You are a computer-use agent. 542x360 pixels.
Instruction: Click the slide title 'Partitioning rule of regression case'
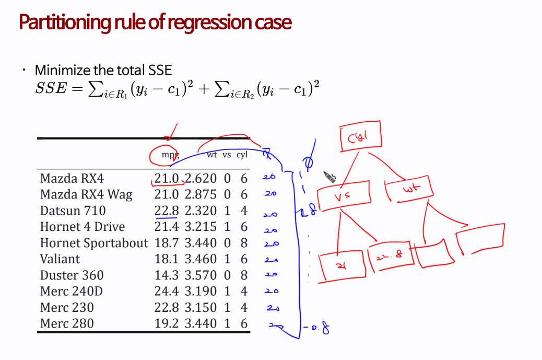point(155,23)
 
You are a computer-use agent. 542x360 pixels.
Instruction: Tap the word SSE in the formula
point(51,88)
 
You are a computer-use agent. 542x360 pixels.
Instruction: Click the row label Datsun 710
point(73,211)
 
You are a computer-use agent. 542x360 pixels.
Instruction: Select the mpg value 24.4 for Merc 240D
point(166,291)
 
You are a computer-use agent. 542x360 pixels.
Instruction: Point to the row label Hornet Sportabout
point(94,243)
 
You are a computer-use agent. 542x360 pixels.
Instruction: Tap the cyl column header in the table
point(242,155)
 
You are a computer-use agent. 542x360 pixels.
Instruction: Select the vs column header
point(227,155)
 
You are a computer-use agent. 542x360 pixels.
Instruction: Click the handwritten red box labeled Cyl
point(360,137)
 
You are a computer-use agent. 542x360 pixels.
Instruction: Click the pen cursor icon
point(330,177)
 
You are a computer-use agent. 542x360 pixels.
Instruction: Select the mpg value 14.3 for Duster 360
point(166,275)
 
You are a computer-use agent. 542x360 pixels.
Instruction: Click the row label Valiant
point(60,259)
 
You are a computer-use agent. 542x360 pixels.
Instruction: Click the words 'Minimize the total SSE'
point(103,70)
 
